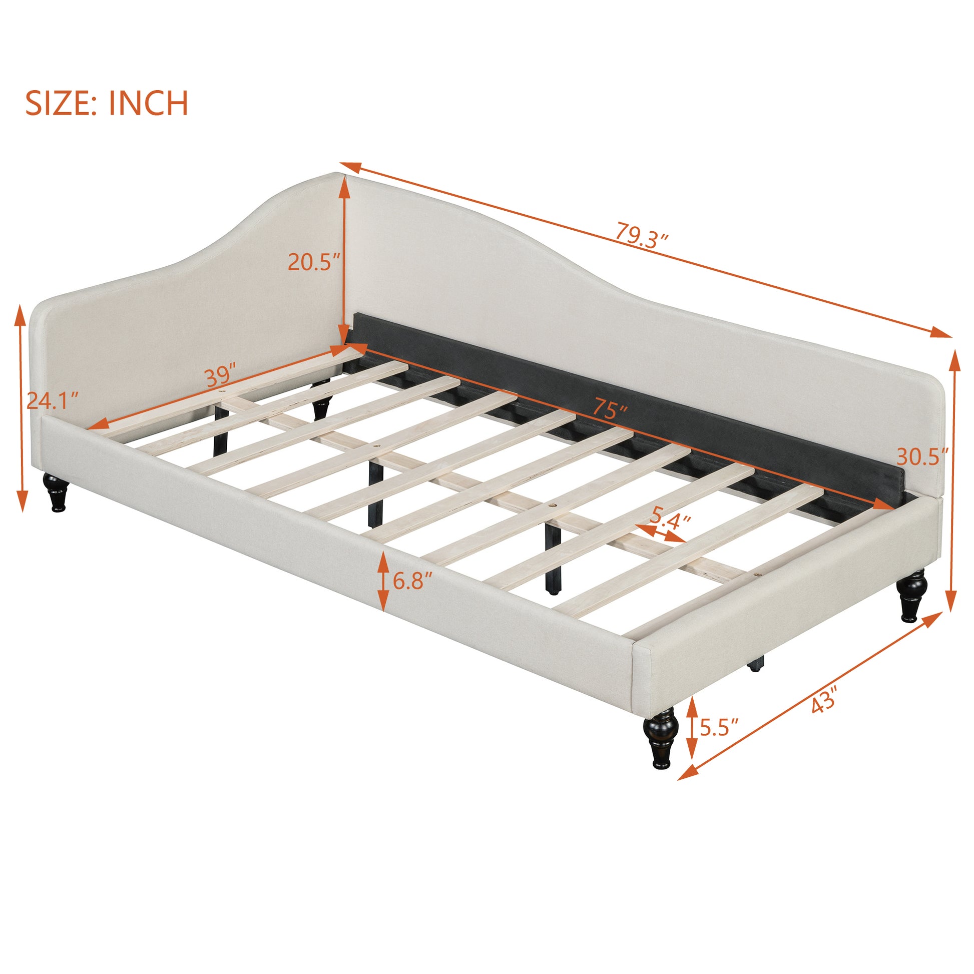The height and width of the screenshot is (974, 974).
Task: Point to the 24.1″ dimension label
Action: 53,401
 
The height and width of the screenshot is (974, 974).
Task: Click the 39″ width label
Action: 221,375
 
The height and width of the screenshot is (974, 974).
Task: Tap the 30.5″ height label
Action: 922,457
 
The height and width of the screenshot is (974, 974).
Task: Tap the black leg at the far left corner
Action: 56,492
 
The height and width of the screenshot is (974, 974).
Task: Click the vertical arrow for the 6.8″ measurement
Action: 383,581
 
